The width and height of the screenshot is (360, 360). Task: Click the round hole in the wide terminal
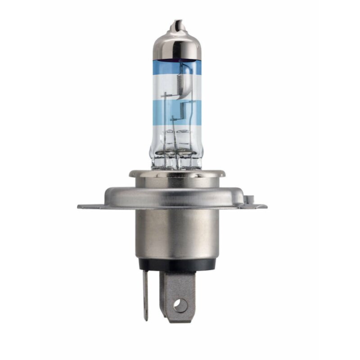point(180,306)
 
